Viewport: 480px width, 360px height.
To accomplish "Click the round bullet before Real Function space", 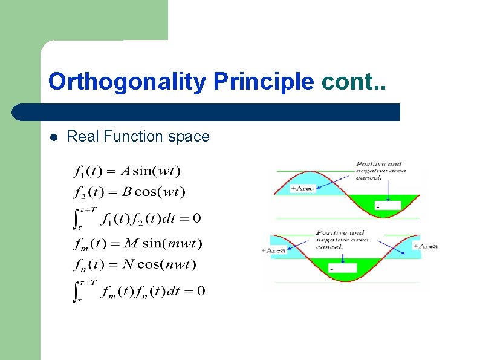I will tap(53, 137).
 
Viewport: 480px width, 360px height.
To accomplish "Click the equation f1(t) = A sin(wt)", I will tap(127, 171).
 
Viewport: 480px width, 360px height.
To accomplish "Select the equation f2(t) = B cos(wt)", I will tap(129, 192).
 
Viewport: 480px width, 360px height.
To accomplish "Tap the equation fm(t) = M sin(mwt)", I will tap(137, 244).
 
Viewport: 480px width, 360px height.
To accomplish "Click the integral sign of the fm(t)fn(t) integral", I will tap(77, 292).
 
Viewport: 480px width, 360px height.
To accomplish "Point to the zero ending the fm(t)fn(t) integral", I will tap(201, 292).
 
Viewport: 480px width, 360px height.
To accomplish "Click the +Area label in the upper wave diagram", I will tap(302, 188).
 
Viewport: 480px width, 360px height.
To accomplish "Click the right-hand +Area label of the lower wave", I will tap(426, 246).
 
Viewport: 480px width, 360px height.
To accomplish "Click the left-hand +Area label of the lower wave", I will tap(273, 250).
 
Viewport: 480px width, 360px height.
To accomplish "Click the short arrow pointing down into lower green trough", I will tap(343, 257).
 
